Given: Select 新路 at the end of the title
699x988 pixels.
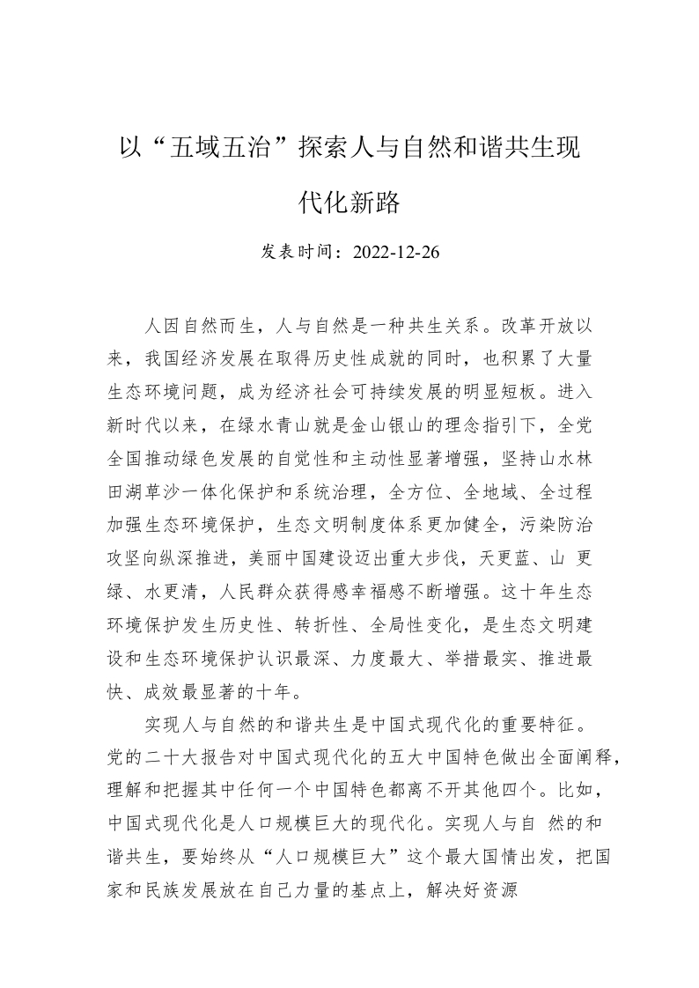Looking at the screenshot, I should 376,204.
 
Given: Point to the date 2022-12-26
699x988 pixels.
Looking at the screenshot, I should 395,253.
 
